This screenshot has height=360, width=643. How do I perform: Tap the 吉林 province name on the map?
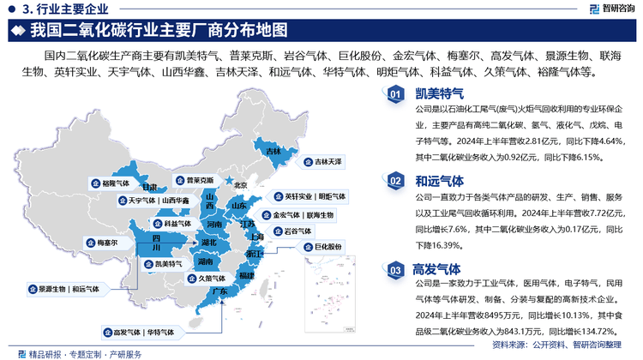tap(273, 152)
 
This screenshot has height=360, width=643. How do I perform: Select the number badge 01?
tap(395, 95)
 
